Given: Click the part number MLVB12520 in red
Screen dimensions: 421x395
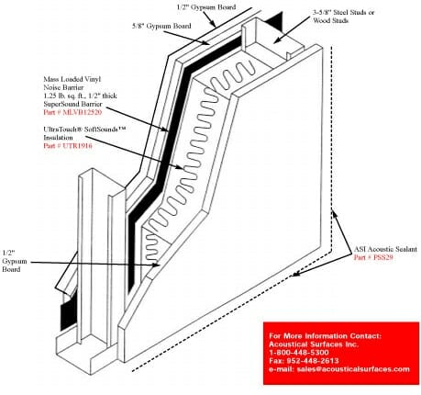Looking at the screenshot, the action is tap(83, 112).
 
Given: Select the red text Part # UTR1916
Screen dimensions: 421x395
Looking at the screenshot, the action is tap(68, 146).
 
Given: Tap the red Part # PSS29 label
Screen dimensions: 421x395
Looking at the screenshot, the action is tap(373, 257).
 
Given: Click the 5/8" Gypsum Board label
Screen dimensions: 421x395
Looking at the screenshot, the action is tap(161, 26).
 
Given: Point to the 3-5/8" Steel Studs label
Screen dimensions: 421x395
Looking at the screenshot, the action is tap(344, 13).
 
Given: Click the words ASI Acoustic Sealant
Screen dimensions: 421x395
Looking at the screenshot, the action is tap(385, 249).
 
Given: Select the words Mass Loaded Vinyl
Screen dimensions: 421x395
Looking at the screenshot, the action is tap(72, 79).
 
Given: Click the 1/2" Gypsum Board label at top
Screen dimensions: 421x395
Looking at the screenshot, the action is tap(206, 7).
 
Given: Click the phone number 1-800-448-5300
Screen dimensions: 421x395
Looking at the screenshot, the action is tap(299, 353).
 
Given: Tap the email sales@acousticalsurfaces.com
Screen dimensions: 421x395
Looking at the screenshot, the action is tap(353, 369).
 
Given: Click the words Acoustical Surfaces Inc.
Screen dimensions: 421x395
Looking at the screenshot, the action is tap(314, 344).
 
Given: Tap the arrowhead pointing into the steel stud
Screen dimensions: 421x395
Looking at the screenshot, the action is tap(277, 39).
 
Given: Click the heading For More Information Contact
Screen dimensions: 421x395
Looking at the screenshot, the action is tap(326, 335).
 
